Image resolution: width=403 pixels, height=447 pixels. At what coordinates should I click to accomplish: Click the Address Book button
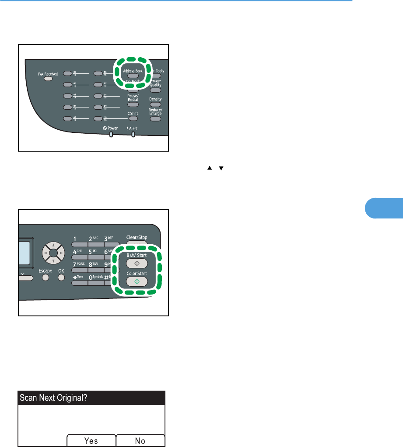pos(133,76)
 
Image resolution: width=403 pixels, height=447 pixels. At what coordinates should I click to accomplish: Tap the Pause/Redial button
pos(133,104)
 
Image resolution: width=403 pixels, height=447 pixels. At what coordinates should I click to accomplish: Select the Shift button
pos(133,118)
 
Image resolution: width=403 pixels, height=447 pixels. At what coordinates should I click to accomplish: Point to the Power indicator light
pos(111,135)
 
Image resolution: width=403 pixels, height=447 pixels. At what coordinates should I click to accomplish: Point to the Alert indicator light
pos(133,135)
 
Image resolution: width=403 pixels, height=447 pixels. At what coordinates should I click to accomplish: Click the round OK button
pos(61,278)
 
